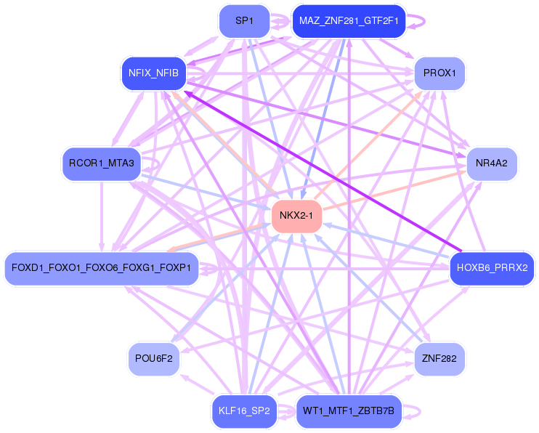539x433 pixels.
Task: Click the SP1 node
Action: [x=244, y=21]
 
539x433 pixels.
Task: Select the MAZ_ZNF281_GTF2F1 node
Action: [x=348, y=21]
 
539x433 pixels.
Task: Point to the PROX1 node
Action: [x=439, y=73]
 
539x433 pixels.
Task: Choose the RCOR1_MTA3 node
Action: [x=101, y=163]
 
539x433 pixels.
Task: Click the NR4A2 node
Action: [x=491, y=163]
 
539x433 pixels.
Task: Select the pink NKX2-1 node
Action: [x=296, y=215]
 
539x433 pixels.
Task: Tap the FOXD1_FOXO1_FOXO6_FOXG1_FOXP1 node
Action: [x=101, y=267]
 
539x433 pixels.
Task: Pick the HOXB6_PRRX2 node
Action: [x=492, y=267]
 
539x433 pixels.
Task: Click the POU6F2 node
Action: [x=153, y=358]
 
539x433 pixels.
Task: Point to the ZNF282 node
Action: [x=439, y=358]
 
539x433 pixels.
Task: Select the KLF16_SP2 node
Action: [x=244, y=410]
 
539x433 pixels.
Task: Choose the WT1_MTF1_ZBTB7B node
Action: [x=349, y=410]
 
